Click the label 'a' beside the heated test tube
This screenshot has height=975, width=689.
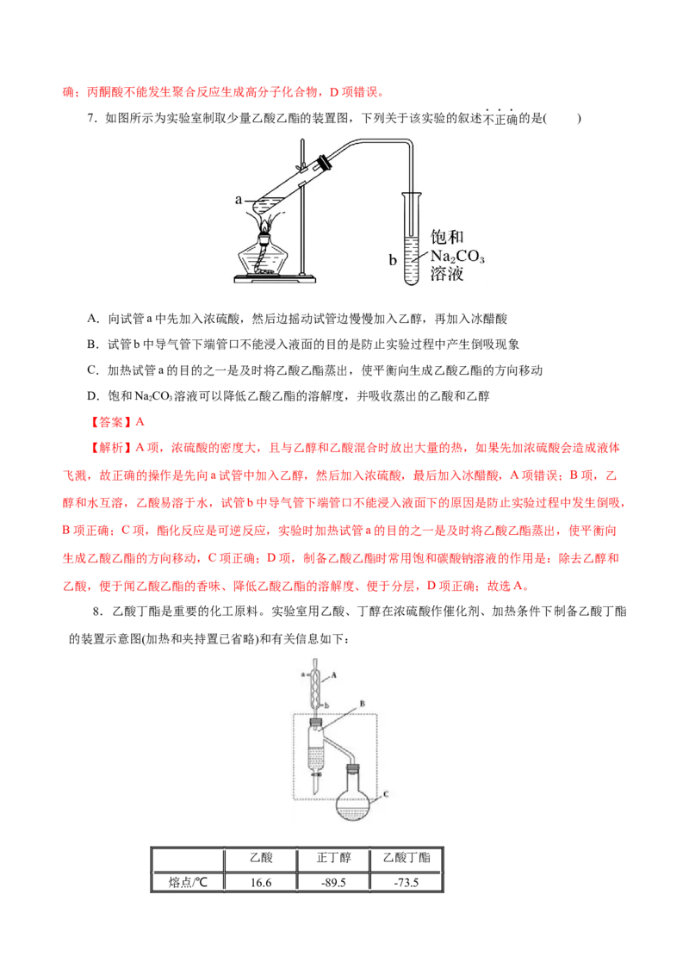(239, 200)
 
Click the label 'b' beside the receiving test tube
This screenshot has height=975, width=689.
(393, 260)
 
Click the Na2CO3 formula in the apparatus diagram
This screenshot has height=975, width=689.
(457, 256)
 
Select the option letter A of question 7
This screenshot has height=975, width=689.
(92, 319)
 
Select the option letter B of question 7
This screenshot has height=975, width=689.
(92, 345)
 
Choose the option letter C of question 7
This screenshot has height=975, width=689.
(92, 370)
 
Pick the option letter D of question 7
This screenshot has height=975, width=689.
(92, 396)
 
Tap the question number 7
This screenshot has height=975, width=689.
(91, 118)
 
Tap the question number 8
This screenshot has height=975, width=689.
(97, 612)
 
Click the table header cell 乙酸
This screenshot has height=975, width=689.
(261, 858)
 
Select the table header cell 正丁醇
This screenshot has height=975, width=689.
(333, 858)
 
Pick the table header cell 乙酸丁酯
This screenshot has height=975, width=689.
(406, 858)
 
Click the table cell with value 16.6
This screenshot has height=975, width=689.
(261, 882)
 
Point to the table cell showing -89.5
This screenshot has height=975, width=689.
(333, 882)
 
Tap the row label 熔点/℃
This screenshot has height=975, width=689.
(188, 882)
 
